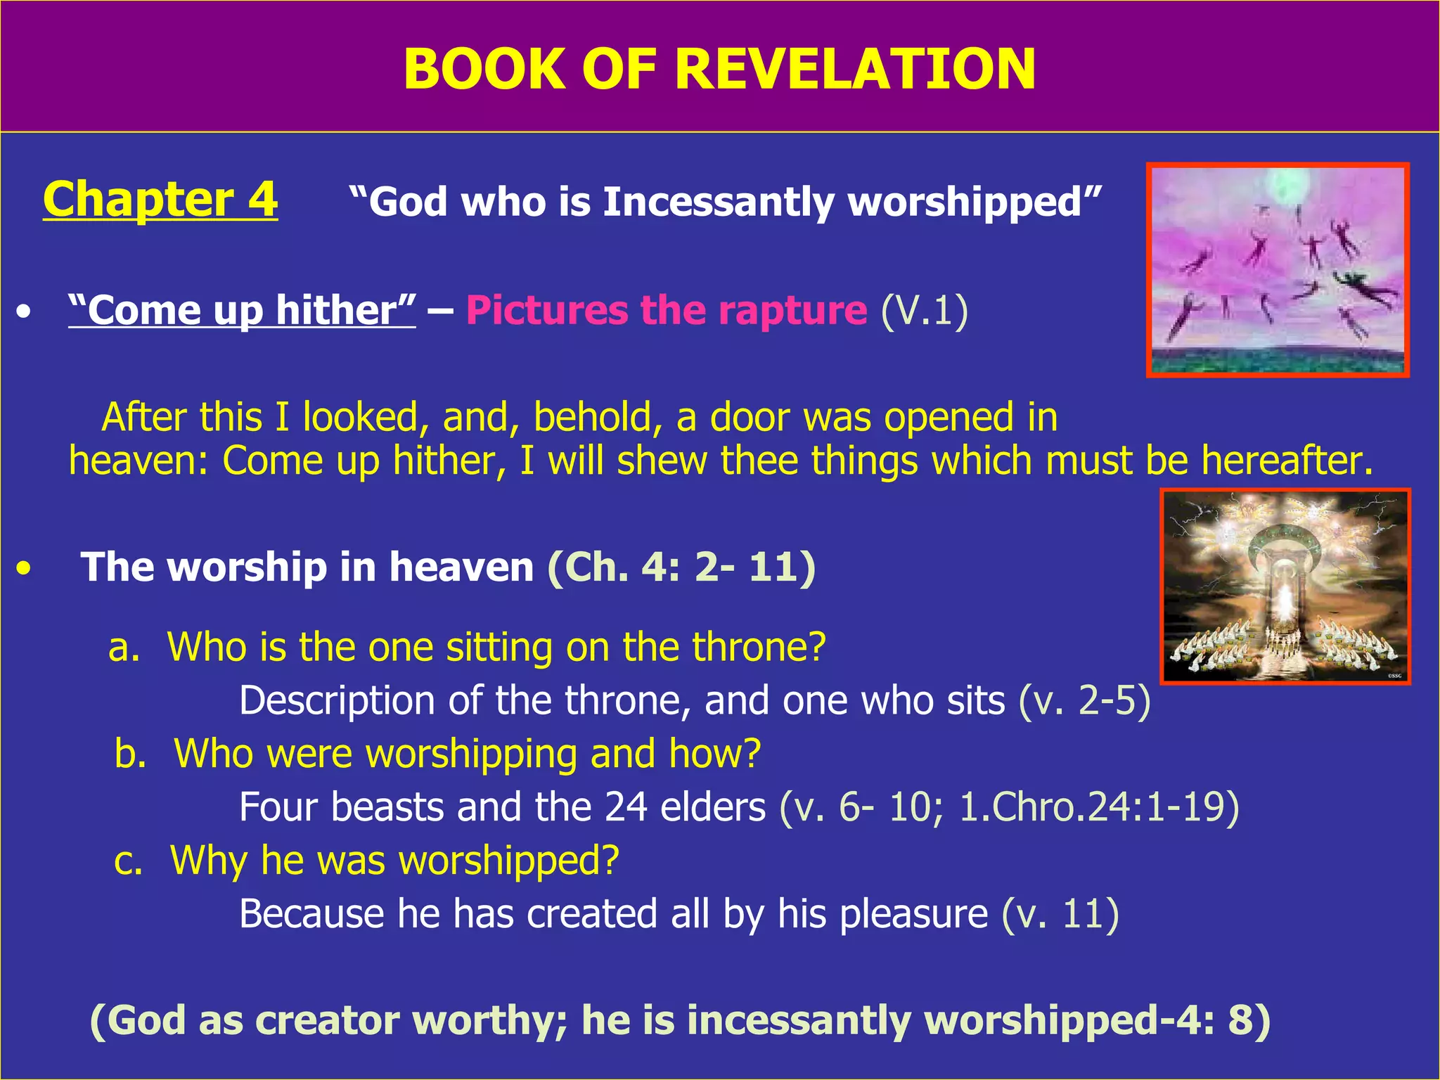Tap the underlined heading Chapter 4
(x=160, y=199)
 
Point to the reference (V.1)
(x=924, y=310)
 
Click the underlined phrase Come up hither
(x=242, y=310)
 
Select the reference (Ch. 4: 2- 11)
(x=681, y=567)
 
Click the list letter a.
(x=123, y=647)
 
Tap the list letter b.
(x=129, y=754)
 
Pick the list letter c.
(x=127, y=861)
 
